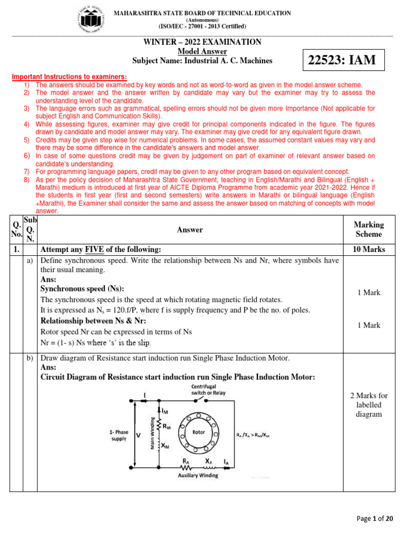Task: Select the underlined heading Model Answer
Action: tap(202, 51)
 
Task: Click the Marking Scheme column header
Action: tap(369, 229)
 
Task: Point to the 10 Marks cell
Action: tap(369, 249)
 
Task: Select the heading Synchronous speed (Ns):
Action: tap(82, 288)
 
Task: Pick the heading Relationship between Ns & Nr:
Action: tap(93, 321)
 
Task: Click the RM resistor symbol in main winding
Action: tap(159, 425)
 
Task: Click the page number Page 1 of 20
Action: tap(374, 519)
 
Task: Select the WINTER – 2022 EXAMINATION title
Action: tap(202, 42)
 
